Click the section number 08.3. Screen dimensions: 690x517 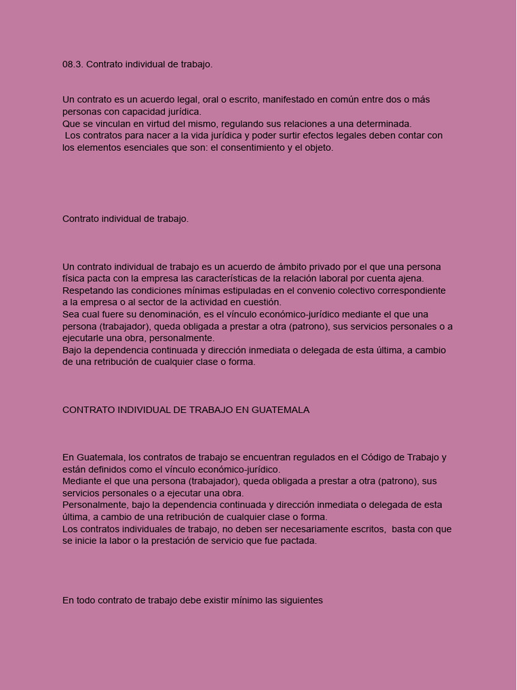[73, 65]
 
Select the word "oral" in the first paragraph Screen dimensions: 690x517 [200, 100]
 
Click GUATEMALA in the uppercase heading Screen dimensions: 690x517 [281, 410]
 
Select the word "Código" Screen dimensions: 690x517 [380, 458]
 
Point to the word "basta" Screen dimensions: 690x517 [403, 530]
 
